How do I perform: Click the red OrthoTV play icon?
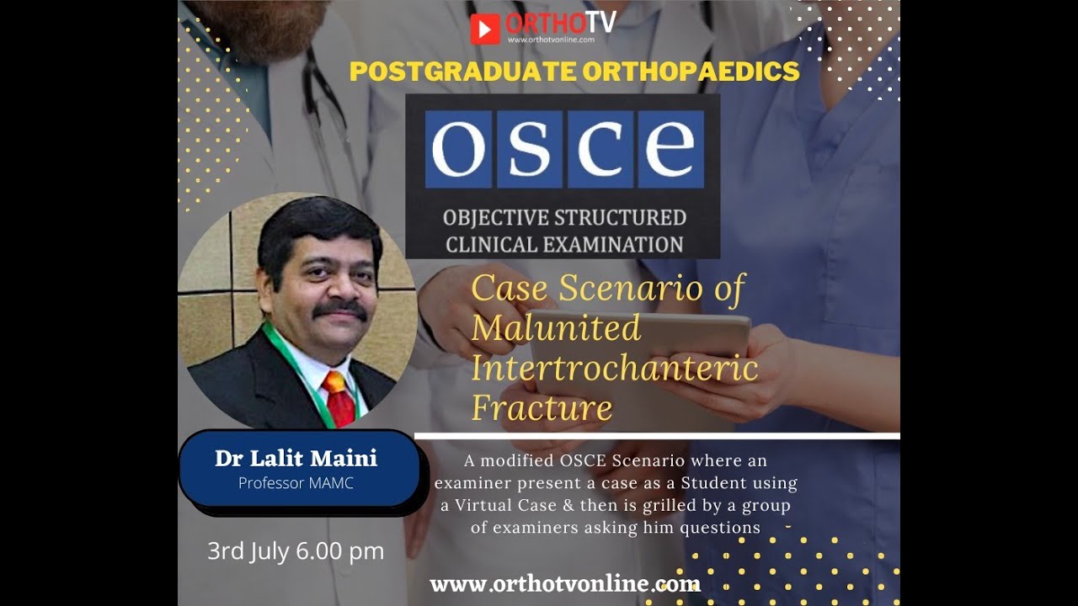(484, 28)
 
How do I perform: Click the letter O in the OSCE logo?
(458, 149)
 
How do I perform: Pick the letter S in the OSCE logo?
(528, 149)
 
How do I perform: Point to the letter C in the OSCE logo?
(599, 149)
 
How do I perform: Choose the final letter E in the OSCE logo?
(670, 149)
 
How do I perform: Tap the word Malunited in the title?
(556, 328)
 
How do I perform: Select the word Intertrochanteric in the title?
(614, 368)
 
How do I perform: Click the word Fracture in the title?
(542, 408)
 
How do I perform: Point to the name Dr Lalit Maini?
(296, 459)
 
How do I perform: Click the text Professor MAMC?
(296, 483)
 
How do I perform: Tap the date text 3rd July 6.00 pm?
(296, 551)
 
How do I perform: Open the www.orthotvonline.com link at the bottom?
(564, 583)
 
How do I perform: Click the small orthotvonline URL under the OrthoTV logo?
(551, 39)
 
